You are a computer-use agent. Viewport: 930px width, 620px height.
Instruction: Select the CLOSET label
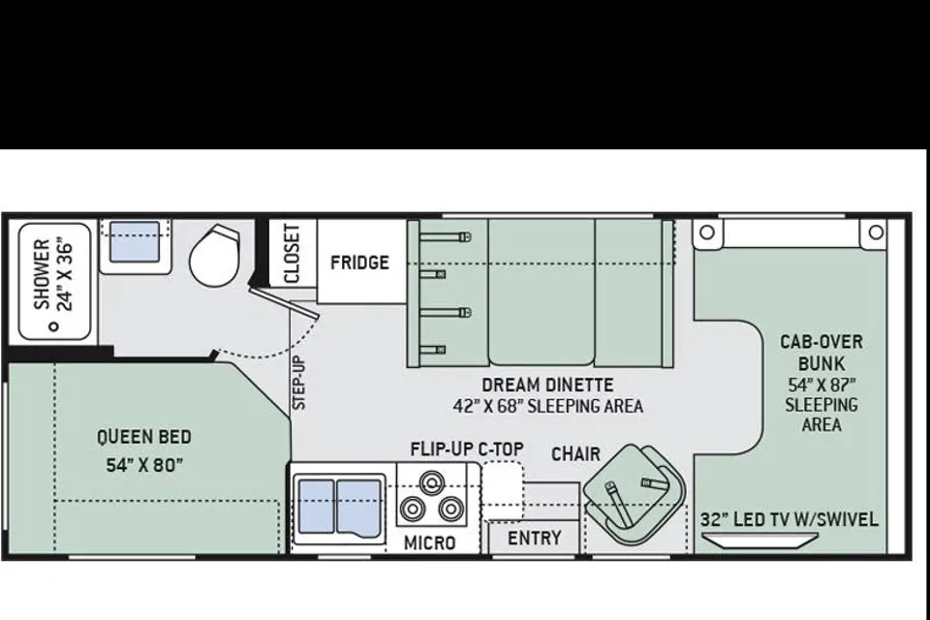coord(292,254)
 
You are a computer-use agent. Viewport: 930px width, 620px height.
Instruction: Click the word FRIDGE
coord(359,263)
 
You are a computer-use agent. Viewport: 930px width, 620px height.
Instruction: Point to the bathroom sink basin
coord(136,241)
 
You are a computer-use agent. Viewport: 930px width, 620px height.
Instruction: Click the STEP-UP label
coord(299,383)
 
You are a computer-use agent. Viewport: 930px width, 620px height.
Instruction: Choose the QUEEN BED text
coord(144,437)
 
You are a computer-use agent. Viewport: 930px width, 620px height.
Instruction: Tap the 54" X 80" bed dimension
coord(144,465)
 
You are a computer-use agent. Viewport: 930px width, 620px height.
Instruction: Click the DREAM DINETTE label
coord(547,385)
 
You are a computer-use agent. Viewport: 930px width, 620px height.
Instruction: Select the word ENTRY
coord(535,538)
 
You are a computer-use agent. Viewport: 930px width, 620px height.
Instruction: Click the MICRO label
coord(429,542)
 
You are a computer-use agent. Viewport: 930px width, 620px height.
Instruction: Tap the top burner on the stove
coord(432,480)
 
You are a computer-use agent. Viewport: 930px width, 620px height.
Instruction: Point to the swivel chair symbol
coord(634,494)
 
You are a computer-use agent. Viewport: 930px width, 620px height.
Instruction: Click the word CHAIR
coord(575,454)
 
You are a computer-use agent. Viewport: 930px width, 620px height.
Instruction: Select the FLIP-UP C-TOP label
coord(467,449)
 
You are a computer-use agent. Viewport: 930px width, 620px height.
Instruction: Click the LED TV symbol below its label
coord(759,541)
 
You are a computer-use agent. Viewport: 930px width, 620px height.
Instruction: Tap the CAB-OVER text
coord(821,342)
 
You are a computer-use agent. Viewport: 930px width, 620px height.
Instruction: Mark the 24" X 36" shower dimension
coord(65,273)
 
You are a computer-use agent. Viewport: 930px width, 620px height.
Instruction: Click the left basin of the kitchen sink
coord(316,507)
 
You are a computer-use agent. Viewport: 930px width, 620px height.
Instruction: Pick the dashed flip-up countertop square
coord(503,491)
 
